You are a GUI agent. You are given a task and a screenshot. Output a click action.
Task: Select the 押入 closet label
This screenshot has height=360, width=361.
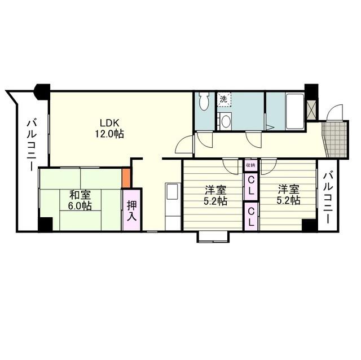(132, 210)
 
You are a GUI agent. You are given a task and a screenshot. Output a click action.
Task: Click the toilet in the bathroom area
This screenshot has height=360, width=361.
(204, 102)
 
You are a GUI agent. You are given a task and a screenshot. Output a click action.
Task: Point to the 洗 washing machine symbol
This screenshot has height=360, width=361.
(223, 99)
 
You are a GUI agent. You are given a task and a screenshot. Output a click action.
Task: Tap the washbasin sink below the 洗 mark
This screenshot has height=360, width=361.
(225, 120)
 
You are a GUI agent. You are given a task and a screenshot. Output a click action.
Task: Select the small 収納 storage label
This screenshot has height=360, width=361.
(250, 165)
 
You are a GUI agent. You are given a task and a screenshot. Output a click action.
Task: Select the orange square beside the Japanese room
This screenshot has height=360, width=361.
(127, 178)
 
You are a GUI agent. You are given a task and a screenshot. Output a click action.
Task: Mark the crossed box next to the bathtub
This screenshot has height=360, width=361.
(311, 109)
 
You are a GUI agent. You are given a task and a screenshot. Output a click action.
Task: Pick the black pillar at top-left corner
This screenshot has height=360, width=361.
(41, 91)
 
